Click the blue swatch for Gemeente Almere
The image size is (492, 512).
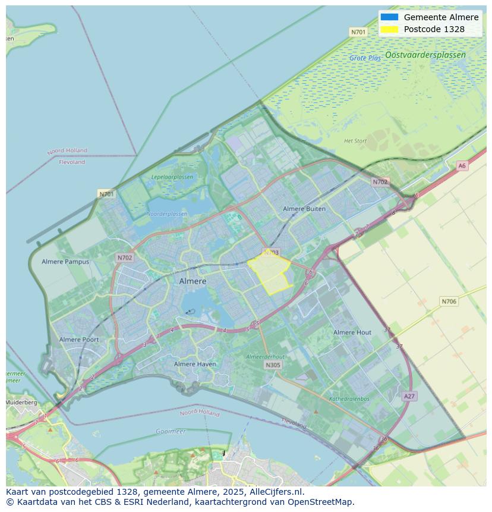pos(389,17)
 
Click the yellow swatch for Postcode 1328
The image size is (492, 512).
pos(389,29)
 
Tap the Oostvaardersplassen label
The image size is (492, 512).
pos(425,55)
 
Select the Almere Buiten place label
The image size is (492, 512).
pos(304,209)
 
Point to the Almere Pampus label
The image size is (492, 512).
pos(65,262)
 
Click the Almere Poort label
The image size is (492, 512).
pos(79,340)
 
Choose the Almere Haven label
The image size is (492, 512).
pos(195,364)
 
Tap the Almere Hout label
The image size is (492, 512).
pos(352,332)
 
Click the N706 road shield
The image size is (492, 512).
pos(449,301)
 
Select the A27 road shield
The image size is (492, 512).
pos(409,396)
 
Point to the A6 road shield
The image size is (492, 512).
pos(462,166)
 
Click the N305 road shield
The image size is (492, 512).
pos(273,365)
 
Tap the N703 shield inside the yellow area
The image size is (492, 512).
pos(271,253)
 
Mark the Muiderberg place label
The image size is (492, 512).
pos(21,403)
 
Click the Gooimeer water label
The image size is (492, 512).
pos(171,431)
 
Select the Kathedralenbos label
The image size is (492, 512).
pos(349,399)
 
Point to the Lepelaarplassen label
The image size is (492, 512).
pos(172,177)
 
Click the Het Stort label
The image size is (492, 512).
pos(355,141)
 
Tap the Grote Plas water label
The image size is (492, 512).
pos(365,58)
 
